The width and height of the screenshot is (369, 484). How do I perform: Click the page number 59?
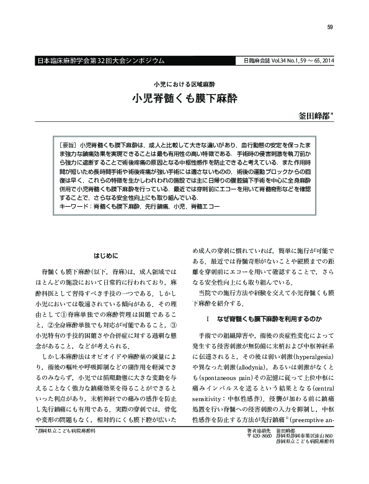click(330, 27)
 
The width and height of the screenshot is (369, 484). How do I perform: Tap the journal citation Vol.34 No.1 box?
click(285, 62)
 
